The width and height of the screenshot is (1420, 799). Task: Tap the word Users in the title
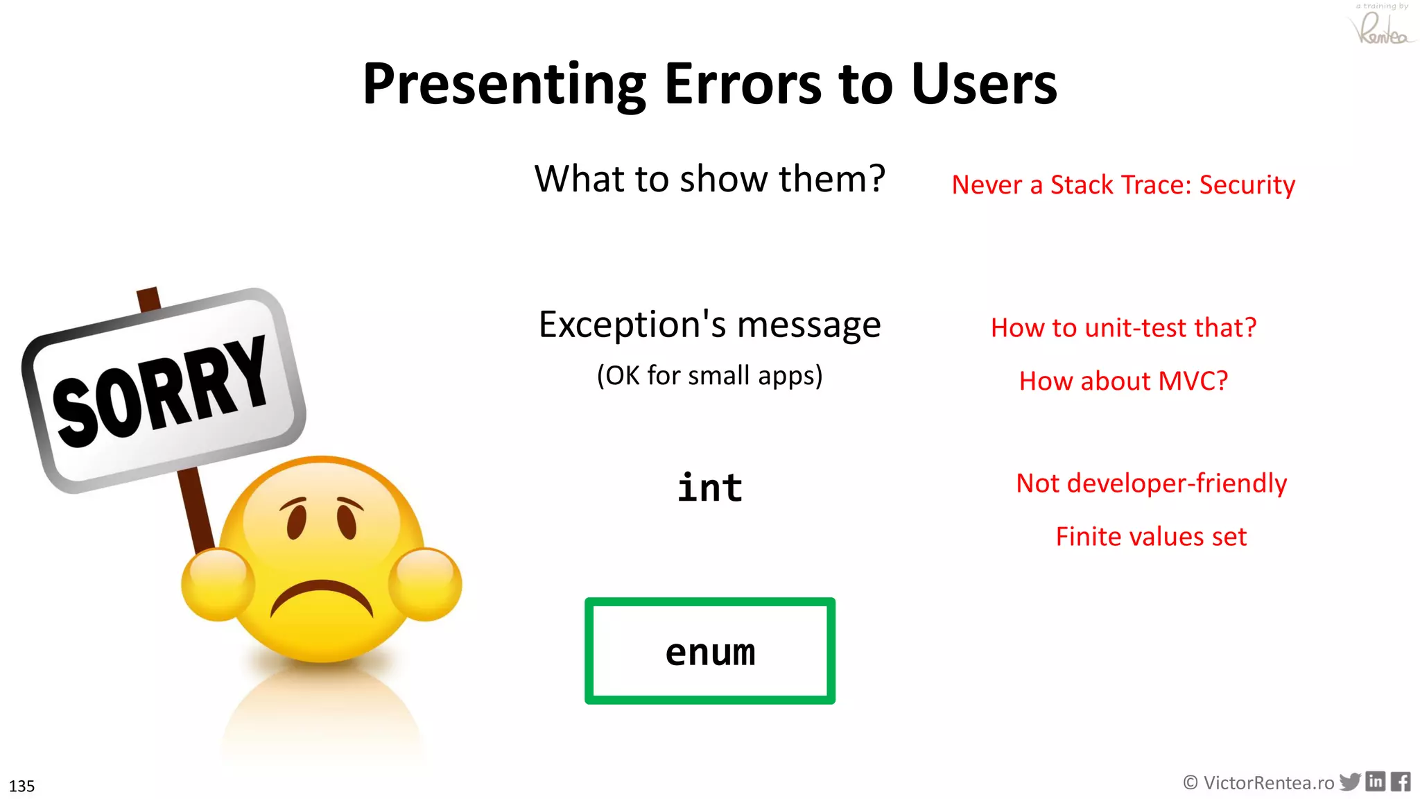point(984,85)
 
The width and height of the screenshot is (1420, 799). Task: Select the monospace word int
point(709,488)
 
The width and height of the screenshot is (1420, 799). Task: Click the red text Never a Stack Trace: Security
point(1123,184)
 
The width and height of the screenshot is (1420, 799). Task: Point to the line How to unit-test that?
point(1123,327)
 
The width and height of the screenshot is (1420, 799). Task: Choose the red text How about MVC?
point(1123,381)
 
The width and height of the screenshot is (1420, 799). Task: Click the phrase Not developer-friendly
point(1151,483)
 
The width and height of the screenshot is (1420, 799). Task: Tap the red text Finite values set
point(1151,536)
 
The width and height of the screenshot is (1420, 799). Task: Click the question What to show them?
point(709,179)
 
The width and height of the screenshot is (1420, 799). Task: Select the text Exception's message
point(709,325)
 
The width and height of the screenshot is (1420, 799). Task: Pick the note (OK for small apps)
point(709,375)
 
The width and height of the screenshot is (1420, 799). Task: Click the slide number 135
point(21,786)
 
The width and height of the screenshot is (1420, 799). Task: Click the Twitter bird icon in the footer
point(1349,782)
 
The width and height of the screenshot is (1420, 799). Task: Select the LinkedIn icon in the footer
point(1376,782)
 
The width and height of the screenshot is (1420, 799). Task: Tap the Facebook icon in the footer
point(1401,782)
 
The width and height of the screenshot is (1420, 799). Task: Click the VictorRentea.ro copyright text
point(1258,783)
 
